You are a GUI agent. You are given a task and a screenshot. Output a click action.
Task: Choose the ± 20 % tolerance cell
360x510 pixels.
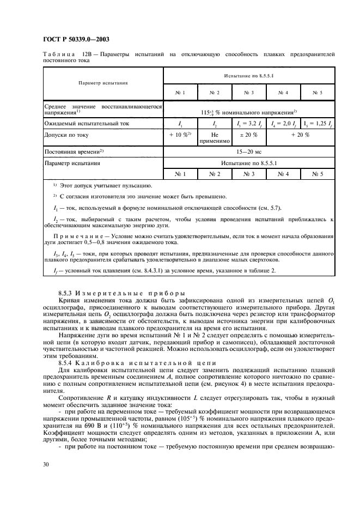click(249, 134)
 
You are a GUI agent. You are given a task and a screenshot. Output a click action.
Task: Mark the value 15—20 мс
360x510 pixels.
click(249, 151)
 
